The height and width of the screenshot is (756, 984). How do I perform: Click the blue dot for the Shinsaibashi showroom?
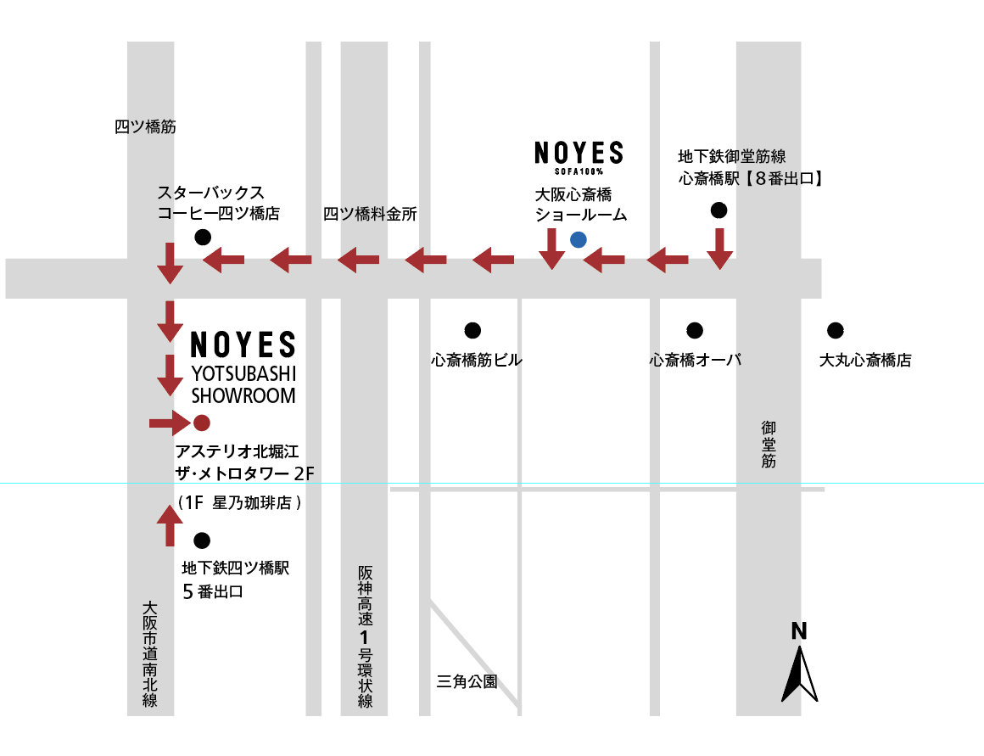578,239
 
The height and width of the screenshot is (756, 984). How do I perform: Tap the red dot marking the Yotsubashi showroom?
201,423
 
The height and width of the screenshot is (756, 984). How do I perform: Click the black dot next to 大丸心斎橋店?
836,330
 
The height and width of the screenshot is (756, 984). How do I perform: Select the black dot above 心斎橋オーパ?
695,330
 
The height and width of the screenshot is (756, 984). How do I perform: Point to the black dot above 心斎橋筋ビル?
472,330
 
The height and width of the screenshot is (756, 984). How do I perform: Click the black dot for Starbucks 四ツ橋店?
203,238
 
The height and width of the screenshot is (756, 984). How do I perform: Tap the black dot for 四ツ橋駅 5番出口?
201,540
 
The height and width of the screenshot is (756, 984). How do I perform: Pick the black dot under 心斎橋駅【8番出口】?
718,210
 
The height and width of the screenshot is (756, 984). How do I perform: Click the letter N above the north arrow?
799,631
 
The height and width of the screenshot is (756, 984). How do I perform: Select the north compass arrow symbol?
799,675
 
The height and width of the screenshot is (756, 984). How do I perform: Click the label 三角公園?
467,681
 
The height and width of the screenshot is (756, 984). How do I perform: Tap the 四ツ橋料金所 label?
370,214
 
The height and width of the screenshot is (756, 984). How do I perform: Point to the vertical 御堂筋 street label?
769,445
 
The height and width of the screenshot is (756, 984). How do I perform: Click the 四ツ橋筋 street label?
145,126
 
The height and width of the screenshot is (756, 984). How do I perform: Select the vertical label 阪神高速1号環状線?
366,636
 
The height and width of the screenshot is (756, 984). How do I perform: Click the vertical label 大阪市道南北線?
149,654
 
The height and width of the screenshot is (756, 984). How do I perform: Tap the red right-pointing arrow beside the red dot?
170,423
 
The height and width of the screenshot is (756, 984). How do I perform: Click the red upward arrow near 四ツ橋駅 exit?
170,526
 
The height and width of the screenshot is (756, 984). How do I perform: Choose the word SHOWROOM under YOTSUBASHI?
243,395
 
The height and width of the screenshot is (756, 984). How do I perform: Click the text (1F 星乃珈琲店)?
240,502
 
